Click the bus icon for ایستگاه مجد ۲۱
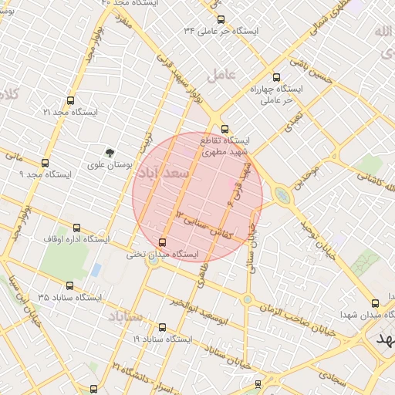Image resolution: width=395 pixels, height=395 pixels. [x=71, y=100]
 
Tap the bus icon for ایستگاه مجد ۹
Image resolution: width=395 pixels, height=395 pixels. [x=45, y=163]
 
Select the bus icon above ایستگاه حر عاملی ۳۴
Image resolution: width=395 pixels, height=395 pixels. [x=221, y=19]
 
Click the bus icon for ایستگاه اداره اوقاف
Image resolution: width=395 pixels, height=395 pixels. [x=76, y=228]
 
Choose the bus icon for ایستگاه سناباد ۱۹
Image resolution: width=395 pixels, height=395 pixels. [x=161, y=327]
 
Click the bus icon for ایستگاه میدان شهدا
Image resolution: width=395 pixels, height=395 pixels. [x=375, y=303]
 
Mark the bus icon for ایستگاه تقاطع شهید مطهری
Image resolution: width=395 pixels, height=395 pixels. [x=225, y=129]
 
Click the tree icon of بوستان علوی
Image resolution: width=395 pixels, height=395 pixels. [x=110, y=153]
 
